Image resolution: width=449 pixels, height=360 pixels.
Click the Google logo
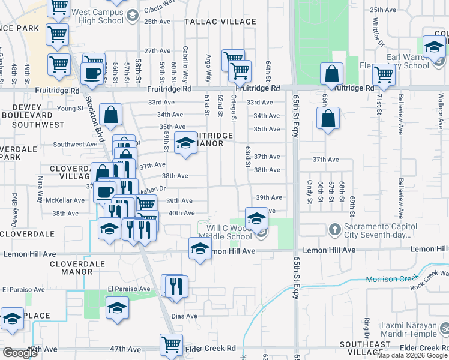(x=20, y=353)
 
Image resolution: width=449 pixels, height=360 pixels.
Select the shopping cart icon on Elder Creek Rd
(x=171, y=344)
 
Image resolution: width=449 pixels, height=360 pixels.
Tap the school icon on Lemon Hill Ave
(x=200, y=248)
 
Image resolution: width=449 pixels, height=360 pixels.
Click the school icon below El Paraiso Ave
(x=117, y=308)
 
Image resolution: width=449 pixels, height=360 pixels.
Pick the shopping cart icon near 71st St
(x=383, y=74)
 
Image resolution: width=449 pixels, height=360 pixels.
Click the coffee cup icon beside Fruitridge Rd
(x=92, y=73)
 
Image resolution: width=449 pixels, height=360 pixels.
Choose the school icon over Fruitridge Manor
(x=185, y=143)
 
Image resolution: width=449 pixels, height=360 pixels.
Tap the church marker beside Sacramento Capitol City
(x=335, y=229)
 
